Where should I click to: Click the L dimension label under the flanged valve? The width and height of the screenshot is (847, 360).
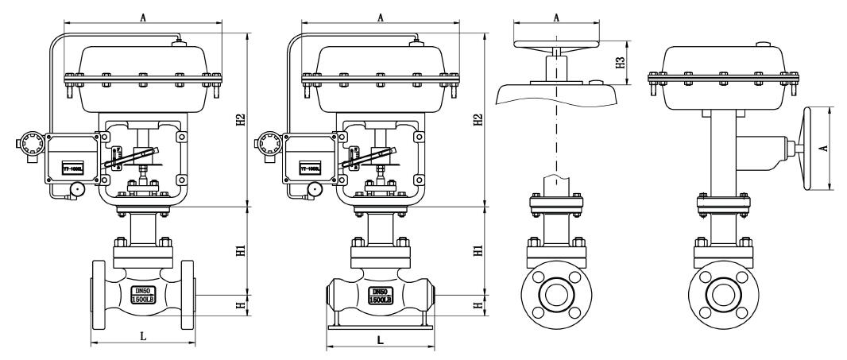(143, 336)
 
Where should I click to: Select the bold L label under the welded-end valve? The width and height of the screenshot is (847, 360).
(380, 339)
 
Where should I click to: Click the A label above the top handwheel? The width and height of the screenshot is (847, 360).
(555, 16)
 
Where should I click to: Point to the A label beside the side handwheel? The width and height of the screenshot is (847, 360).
(837, 148)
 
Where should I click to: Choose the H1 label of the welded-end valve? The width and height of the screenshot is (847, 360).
(477, 250)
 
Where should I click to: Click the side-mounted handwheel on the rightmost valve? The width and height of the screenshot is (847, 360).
(811, 148)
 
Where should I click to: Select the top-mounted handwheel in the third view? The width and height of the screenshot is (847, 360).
(555, 45)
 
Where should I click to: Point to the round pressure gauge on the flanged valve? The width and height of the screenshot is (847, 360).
(78, 189)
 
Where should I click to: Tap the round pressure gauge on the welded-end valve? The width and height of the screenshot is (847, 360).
(315, 189)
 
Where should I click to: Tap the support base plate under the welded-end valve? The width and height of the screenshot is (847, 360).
(381, 326)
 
